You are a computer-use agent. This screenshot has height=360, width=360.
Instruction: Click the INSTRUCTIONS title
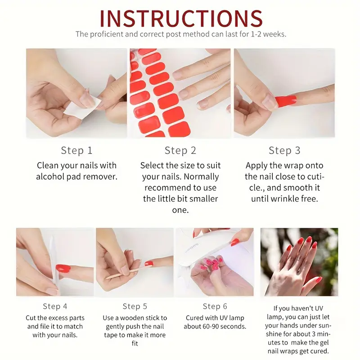pyautogui.click(x=181, y=18)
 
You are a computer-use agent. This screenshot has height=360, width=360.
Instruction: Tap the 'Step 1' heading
pyautogui.click(x=76, y=150)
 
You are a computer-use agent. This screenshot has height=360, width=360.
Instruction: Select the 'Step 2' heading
pyautogui.click(x=180, y=150)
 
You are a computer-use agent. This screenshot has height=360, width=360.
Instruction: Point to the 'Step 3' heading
pyautogui.click(x=284, y=150)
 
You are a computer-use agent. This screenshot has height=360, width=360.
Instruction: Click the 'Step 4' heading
pyautogui.click(x=55, y=306)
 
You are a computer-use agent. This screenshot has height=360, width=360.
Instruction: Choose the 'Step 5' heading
pyautogui.click(x=135, y=306)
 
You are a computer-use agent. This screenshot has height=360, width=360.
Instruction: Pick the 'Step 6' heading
pyautogui.click(x=215, y=306)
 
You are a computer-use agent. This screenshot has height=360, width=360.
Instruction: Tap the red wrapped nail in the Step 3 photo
pyautogui.click(x=285, y=101)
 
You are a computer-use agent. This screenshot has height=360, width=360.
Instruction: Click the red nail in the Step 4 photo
pyautogui.click(x=63, y=268)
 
